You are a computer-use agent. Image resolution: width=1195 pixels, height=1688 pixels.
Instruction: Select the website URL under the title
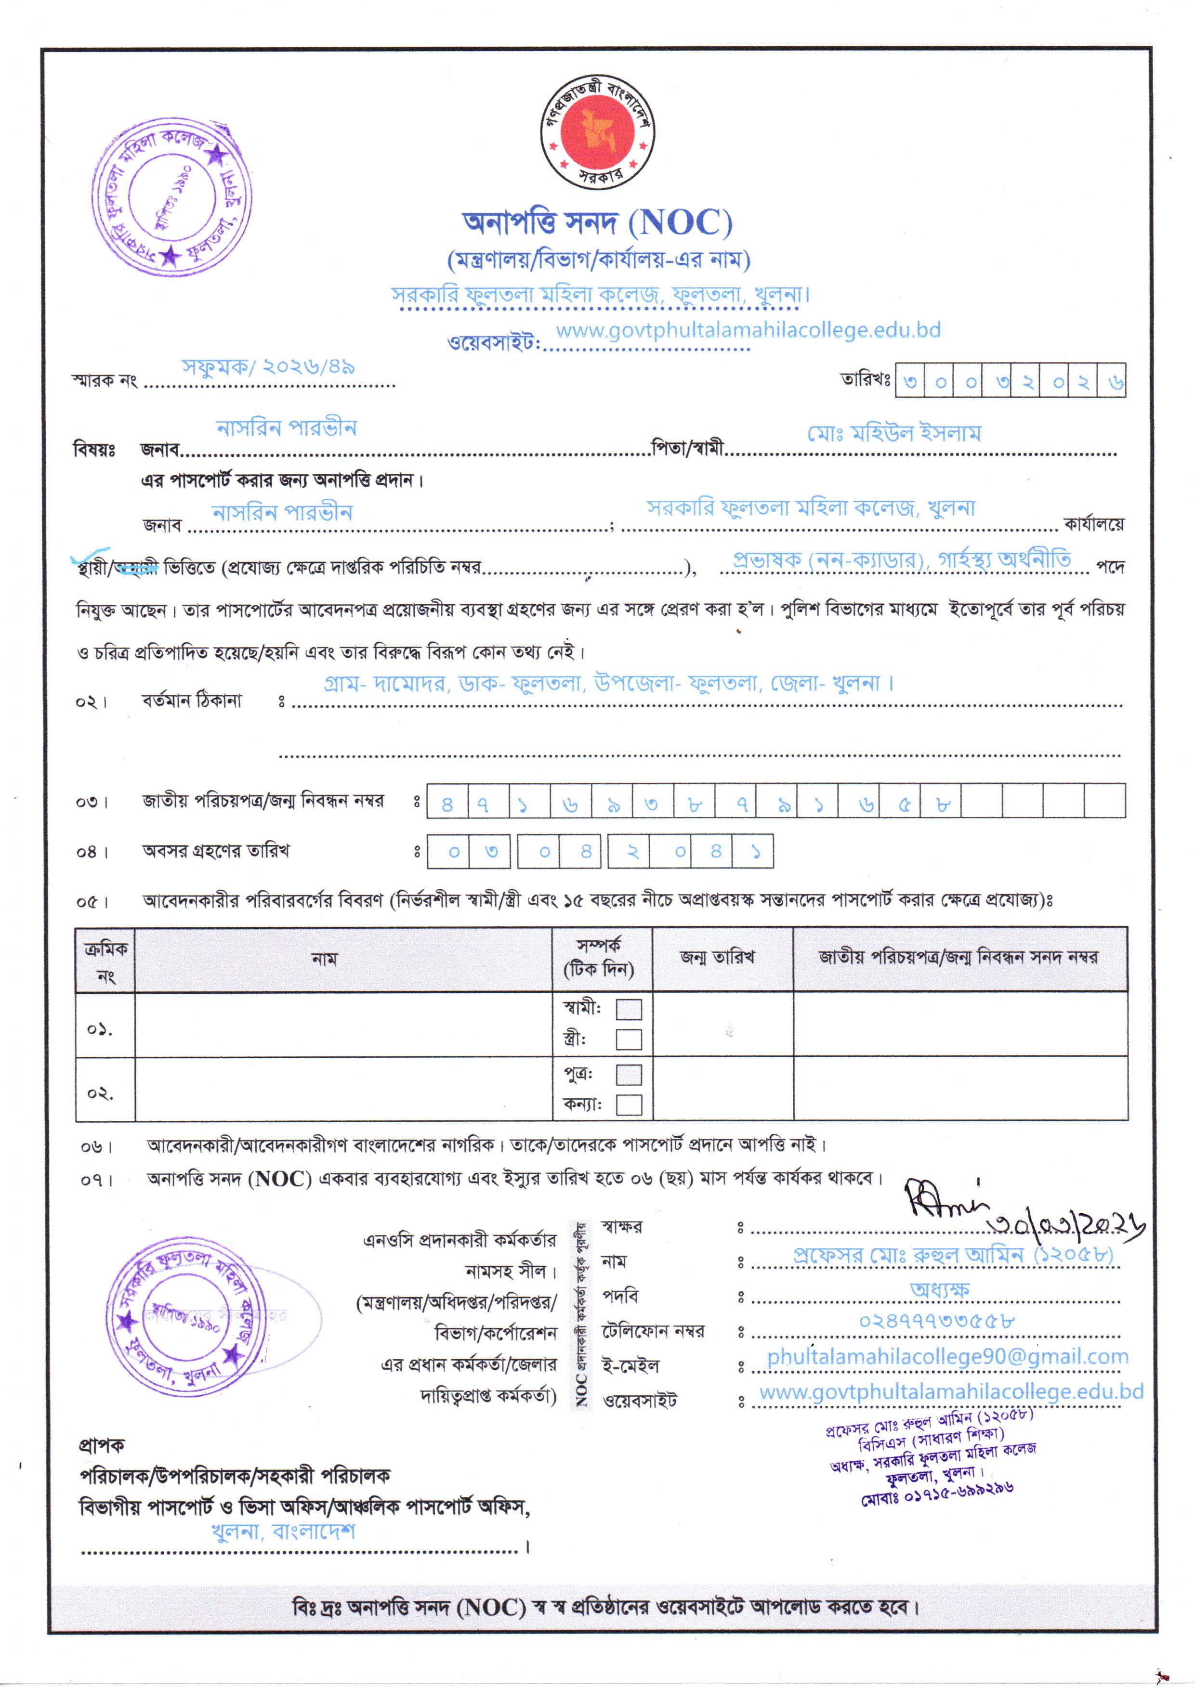click(748, 330)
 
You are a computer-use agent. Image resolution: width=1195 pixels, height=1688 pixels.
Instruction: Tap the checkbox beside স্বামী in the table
click(629, 1009)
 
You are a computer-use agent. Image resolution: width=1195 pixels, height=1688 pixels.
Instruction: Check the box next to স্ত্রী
click(629, 1039)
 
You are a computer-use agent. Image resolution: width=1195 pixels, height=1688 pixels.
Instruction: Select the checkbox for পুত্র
click(629, 1075)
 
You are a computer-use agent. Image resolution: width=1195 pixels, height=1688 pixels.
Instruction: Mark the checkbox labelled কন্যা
click(629, 1105)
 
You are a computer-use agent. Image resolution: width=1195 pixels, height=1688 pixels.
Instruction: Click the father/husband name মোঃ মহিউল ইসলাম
click(894, 433)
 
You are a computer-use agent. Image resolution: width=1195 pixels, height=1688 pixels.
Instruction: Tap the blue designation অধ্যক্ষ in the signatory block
click(940, 1289)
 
